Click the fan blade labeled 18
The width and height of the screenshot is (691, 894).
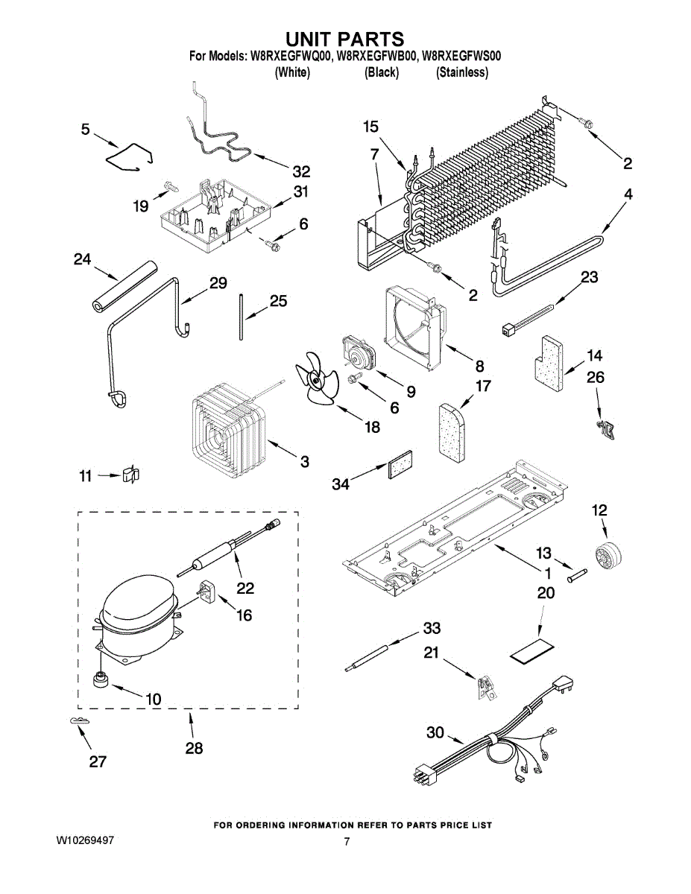pos(317,378)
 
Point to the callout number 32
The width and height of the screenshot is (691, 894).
pos(301,172)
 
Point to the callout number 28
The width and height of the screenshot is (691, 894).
pos(195,749)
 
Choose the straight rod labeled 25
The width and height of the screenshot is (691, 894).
pos(240,317)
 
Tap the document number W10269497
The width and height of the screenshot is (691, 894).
pos(85,840)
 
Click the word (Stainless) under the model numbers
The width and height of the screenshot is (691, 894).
pos(462,72)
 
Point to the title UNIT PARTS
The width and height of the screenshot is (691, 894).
pos(345,39)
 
